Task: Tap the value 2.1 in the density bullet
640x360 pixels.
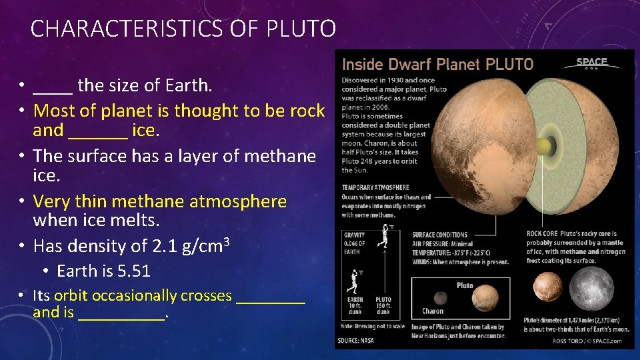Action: click(x=163, y=246)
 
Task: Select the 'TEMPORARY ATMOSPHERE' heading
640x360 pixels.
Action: click(x=375, y=188)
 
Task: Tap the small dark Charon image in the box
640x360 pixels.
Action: click(x=440, y=298)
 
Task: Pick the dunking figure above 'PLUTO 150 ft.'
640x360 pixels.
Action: click(x=383, y=237)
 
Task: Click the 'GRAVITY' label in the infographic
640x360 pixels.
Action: click(x=355, y=235)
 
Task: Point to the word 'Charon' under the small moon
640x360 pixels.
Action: click(x=433, y=311)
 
